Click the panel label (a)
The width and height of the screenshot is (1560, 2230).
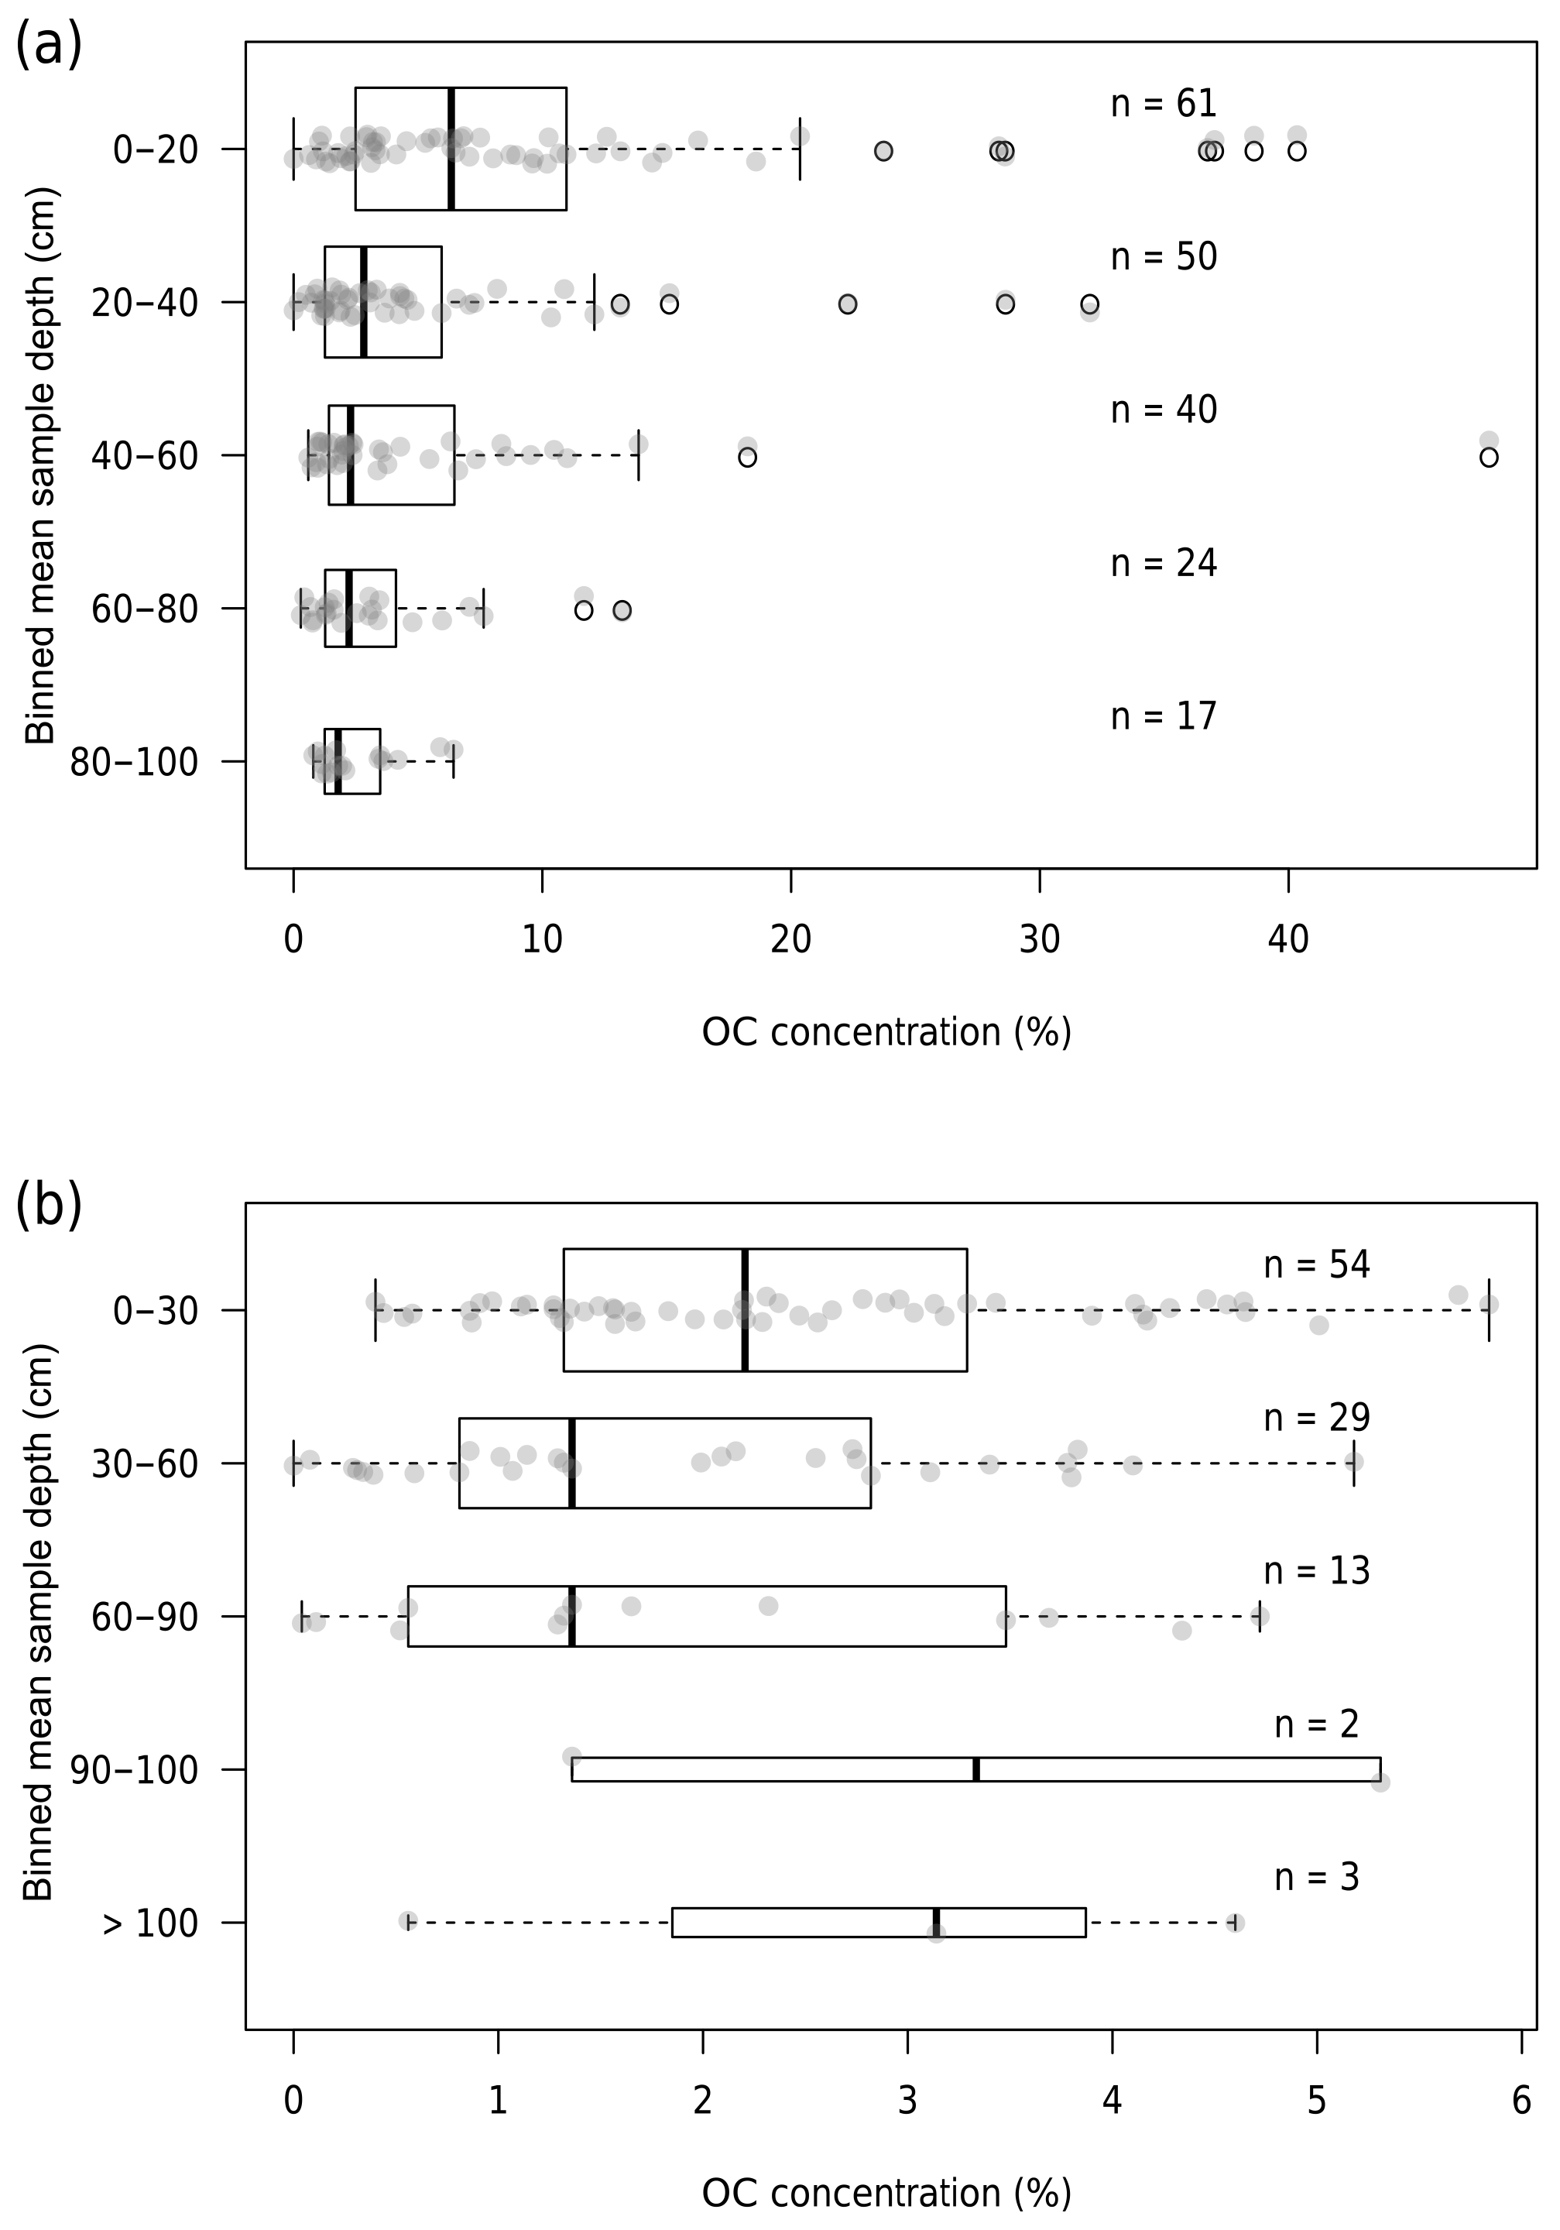(x=49, y=46)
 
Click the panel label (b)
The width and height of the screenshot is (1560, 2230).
(x=49, y=1206)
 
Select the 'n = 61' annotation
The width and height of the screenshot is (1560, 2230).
(x=1163, y=103)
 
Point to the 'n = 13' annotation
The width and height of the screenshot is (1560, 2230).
(x=1315, y=1570)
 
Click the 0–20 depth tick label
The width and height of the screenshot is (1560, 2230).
(x=156, y=149)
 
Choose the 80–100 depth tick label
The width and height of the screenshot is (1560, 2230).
(x=134, y=763)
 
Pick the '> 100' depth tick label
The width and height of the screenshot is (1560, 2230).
(x=149, y=1923)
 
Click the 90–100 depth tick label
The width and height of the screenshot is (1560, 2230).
(x=134, y=1771)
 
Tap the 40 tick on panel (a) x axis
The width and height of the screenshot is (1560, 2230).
(x=1288, y=939)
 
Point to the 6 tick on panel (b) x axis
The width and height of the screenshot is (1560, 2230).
(x=1521, y=2101)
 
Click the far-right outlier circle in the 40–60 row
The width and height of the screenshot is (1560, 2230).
(x=1488, y=458)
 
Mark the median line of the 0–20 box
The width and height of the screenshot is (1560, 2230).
(x=451, y=149)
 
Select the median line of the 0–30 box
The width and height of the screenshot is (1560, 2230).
(x=745, y=1310)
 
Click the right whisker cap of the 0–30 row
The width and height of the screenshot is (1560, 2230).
(x=1488, y=1310)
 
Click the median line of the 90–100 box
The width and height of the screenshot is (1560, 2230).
(x=975, y=1769)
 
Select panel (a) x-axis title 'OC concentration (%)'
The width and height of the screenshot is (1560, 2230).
(x=886, y=1032)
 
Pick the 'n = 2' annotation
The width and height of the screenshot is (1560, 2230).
(x=1315, y=1724)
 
